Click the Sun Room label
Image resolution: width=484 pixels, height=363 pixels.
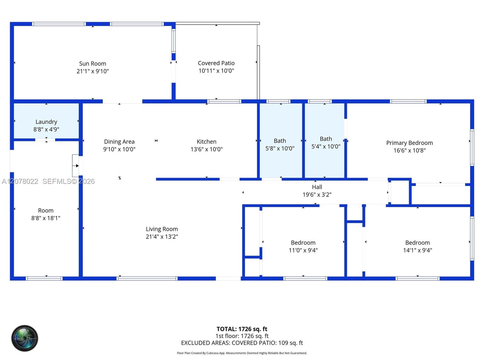pyautogui.click(x=93, y=64)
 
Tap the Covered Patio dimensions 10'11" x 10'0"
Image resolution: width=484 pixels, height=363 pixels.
pyautogui.click(x=216, y=71)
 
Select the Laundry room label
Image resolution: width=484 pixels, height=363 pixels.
pyautogui.click(x=46, y=122)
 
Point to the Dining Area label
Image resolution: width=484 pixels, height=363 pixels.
pyautogui.click(x=119, y=142)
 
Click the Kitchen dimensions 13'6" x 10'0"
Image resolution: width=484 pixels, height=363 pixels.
pyautogui.click(x=207, y=149)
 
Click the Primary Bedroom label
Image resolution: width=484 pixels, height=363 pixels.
pyautogui.click(x=410, y=143)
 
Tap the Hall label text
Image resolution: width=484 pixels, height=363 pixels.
pyautogui.click(x=317, y=187)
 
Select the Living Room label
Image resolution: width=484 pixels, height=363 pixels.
pyautogui.click(x=162, y=229)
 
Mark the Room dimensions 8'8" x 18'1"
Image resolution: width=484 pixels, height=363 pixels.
pyautogui.click(x=46, y=218)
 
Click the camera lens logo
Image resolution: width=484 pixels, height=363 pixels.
pyautogui.click(x=25, y=338)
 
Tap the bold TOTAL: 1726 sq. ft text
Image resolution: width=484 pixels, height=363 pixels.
pyautogui.click(x=242, y=329)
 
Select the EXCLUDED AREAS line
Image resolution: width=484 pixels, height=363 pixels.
pyautogui.click(x=242, y=343)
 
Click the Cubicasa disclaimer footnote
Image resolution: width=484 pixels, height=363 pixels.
pyautogui.click(x=242, y=353)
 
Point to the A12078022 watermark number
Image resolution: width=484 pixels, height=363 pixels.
pyautogui.click(x=20, y=181)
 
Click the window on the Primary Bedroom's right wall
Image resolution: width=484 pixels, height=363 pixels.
pyautogui.click(x=472, y=148)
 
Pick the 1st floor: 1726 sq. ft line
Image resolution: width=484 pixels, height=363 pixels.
pyautogui.click(x=242, y=336)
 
